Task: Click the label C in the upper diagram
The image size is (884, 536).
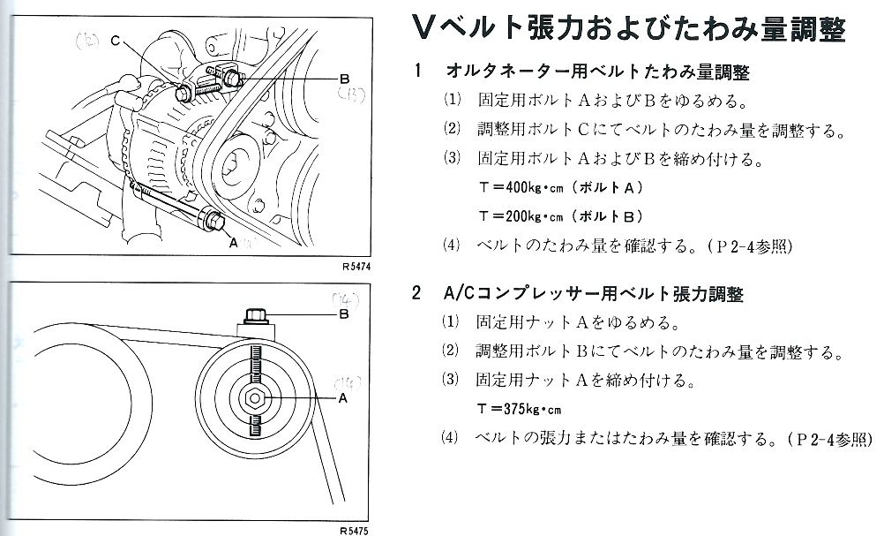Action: tap(116, 41)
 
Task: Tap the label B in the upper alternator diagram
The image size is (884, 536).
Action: tap(345, 78)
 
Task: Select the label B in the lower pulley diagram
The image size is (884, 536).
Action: tap(345, 313)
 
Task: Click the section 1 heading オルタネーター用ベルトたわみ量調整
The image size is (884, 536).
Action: tap(598, 72)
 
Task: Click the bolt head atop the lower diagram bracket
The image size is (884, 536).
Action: tap(253, 314)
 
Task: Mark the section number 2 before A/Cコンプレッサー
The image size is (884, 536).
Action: tap(416, 293)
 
